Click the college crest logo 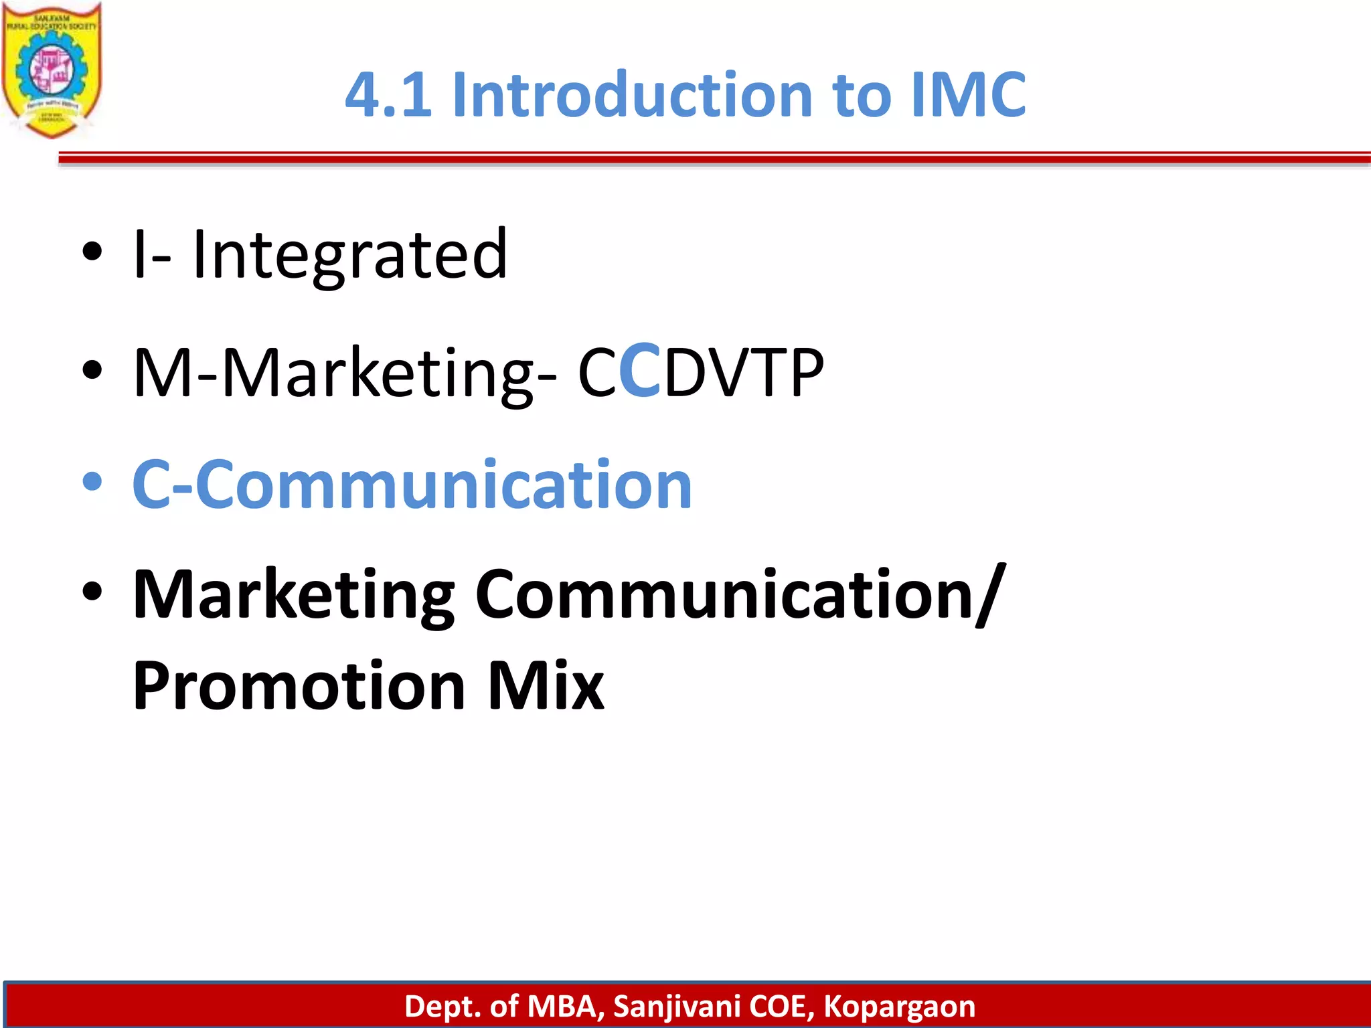[52, 70]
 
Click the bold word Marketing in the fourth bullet [294, 595]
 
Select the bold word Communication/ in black [740, 595]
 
